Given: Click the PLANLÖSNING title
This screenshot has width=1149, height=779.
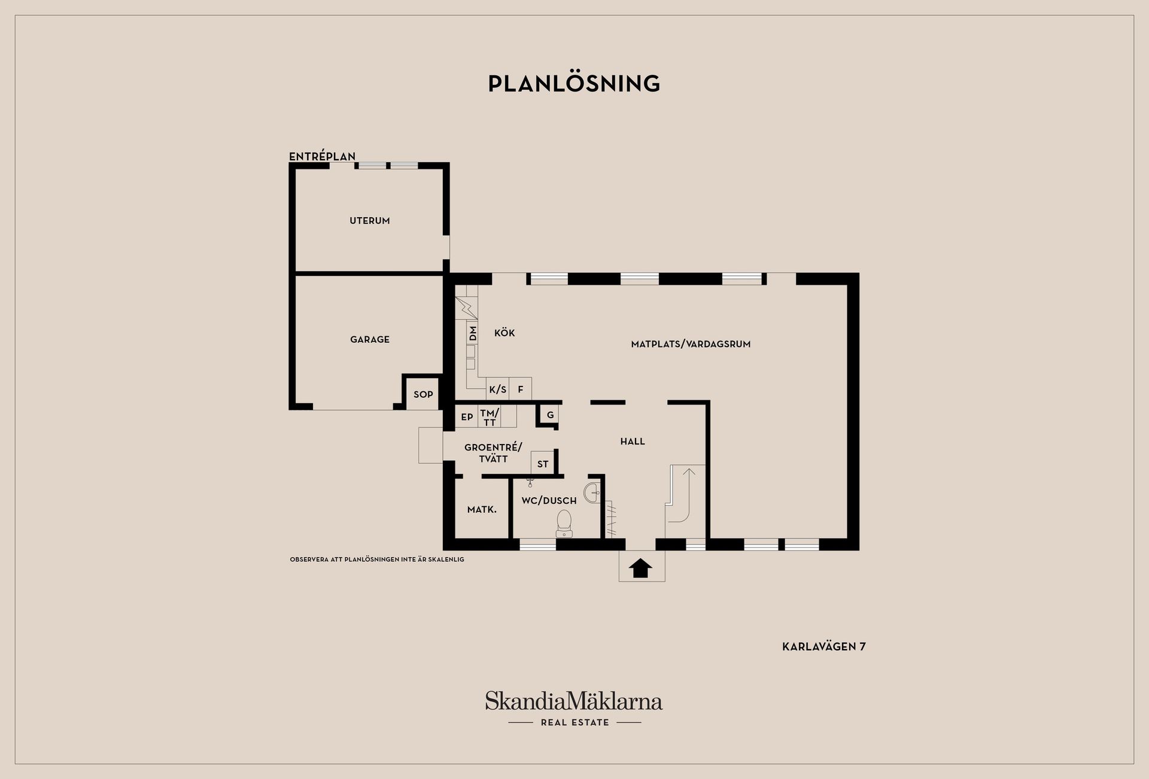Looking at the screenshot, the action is click(574, 83).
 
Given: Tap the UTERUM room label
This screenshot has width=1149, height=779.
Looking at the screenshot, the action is click(370, 221).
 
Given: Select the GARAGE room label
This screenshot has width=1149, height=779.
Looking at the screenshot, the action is click(370, 339).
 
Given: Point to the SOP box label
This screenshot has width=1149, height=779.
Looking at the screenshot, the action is click(423, 394).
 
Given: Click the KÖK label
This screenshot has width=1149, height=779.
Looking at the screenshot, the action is click(504, 333).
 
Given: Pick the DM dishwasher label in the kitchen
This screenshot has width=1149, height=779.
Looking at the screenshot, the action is click(473, 333).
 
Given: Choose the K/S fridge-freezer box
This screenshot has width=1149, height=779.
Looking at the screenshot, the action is click(498, 390).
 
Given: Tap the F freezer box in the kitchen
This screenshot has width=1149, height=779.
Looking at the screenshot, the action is click(521, 390).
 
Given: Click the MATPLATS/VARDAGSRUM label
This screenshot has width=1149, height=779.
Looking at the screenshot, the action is click(691, 344).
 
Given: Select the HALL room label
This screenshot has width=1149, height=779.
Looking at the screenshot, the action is click(633, 442).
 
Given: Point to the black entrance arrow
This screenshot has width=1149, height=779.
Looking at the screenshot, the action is click(640, 568).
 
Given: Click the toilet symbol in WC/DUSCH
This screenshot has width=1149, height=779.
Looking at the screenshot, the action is click(564, 524).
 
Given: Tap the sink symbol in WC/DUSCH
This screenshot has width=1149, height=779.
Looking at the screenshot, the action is click(592, 492).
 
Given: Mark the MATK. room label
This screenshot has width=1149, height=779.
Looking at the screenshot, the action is click(482, 510).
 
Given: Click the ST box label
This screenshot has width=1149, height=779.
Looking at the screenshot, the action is click(543, 464).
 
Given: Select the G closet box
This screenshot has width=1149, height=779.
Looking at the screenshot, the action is click(550, 415).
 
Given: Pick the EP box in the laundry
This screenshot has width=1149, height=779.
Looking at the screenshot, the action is click(467, 416).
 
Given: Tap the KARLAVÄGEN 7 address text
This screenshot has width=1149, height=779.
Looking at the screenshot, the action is click(824, 647).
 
